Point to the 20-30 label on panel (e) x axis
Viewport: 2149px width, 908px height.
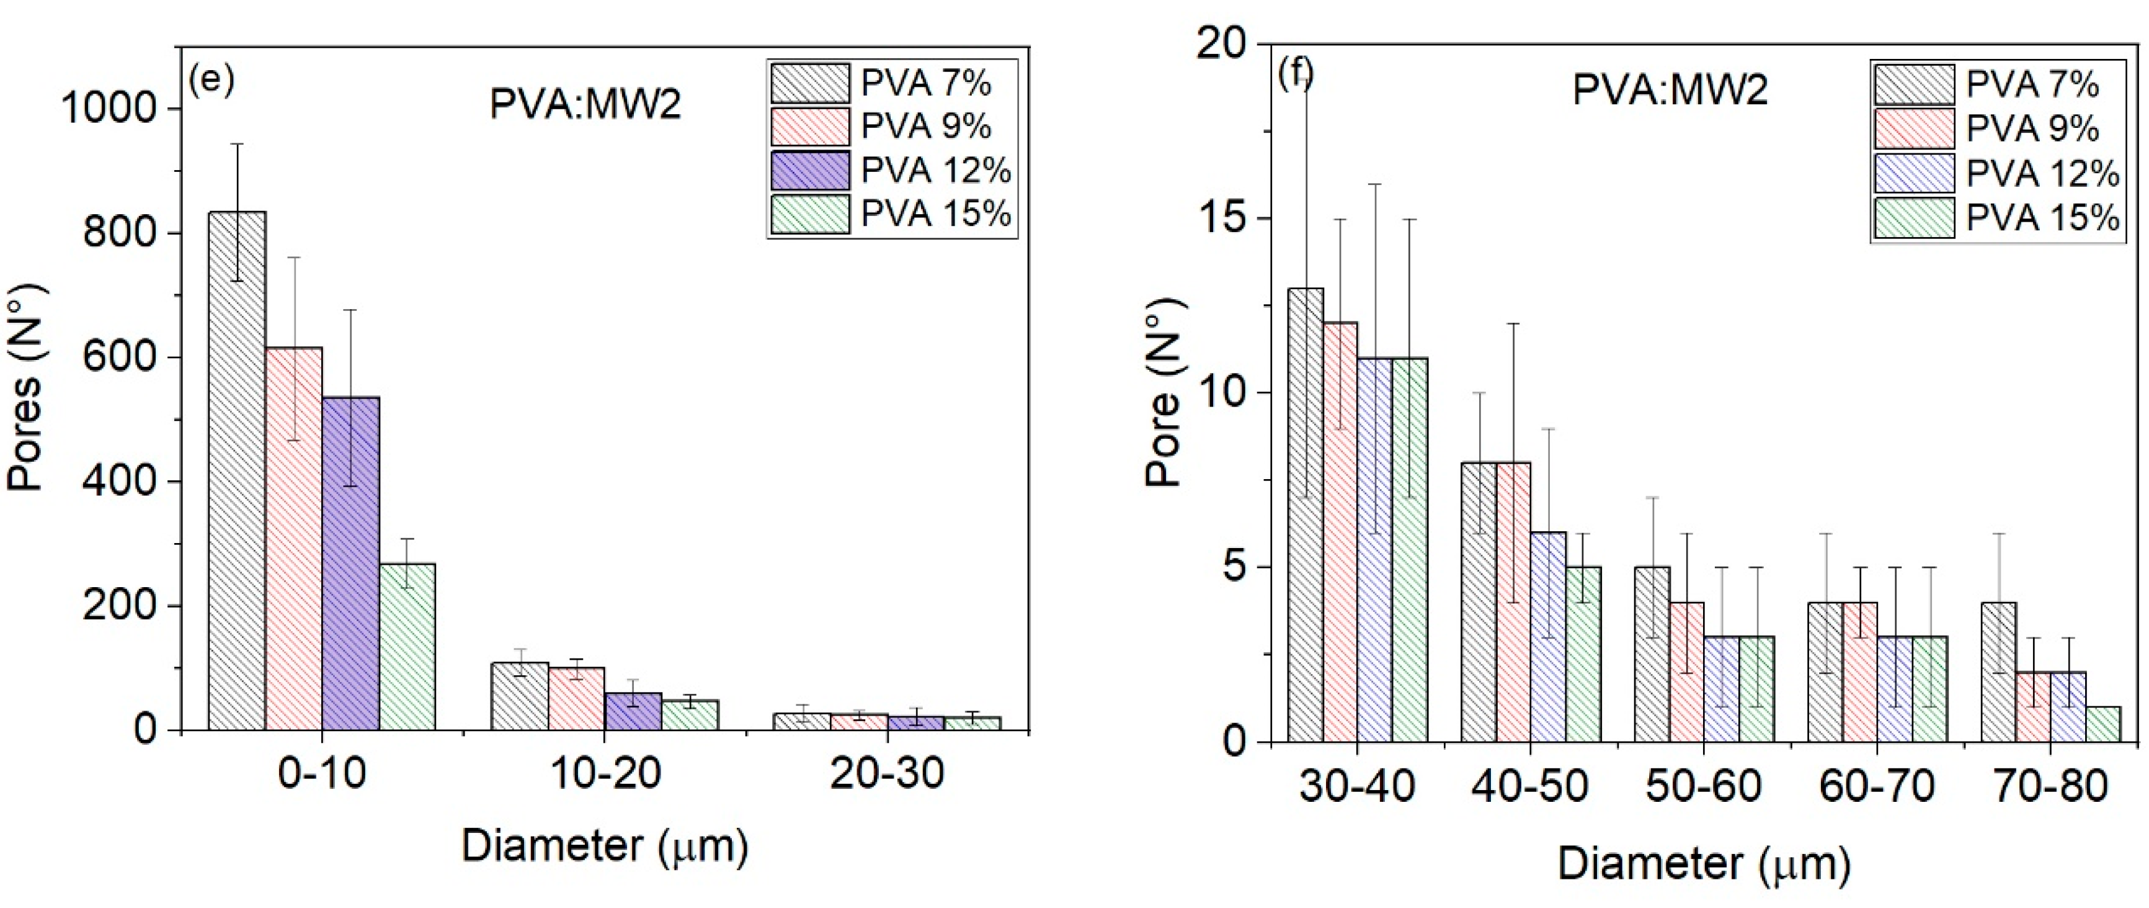[x=887, y=775]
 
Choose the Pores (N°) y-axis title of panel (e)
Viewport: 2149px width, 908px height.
[x=27, y=388]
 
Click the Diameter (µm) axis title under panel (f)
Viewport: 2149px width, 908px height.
[x=1704, y=865]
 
